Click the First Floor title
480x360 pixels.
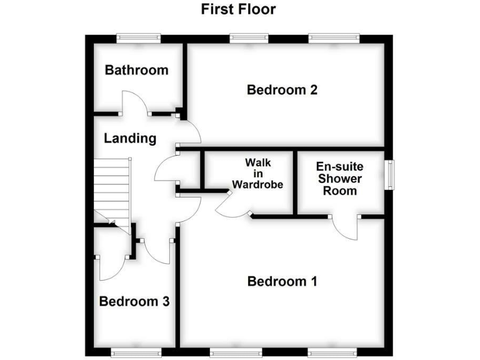pyautogui.click(x=238, y=9)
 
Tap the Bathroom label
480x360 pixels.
pyautogui.click(x=136, y=69)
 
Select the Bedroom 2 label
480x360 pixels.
pyautogui.click(x=282, y=90)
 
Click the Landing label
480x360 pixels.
pyautogui.click(x=130, y=138)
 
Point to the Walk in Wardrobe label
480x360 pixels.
pyautogui.click(x=257, y=173)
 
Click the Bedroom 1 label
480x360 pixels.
pyautogui.click(x=282, y=281)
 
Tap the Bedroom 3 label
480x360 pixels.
pyautogui.click(x=134, y=302)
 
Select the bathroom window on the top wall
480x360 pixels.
pyautogui.click(x=139, y=38)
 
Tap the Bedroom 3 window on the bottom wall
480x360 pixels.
pyautogui.click(x=136, y=353)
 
